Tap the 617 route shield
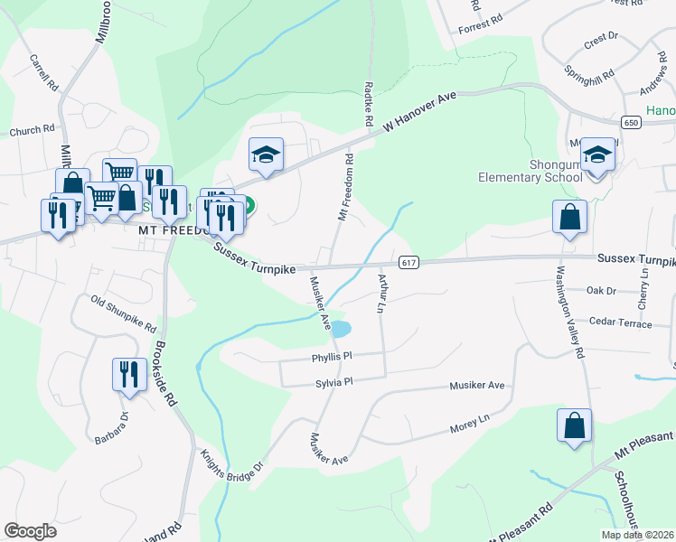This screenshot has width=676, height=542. tap(408, 262)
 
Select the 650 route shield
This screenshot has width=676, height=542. tap(632, 122)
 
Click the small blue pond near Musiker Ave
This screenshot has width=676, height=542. tap(340, 329)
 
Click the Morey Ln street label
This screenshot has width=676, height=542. tap(470, 422)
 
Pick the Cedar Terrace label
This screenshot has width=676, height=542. tap(620, 322)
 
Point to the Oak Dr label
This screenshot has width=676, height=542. tap(601, 291)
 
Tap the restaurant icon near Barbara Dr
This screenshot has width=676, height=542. tap(129, 374)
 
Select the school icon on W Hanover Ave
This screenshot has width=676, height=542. tap(267, 154)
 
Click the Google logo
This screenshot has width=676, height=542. tap(30, 531)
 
